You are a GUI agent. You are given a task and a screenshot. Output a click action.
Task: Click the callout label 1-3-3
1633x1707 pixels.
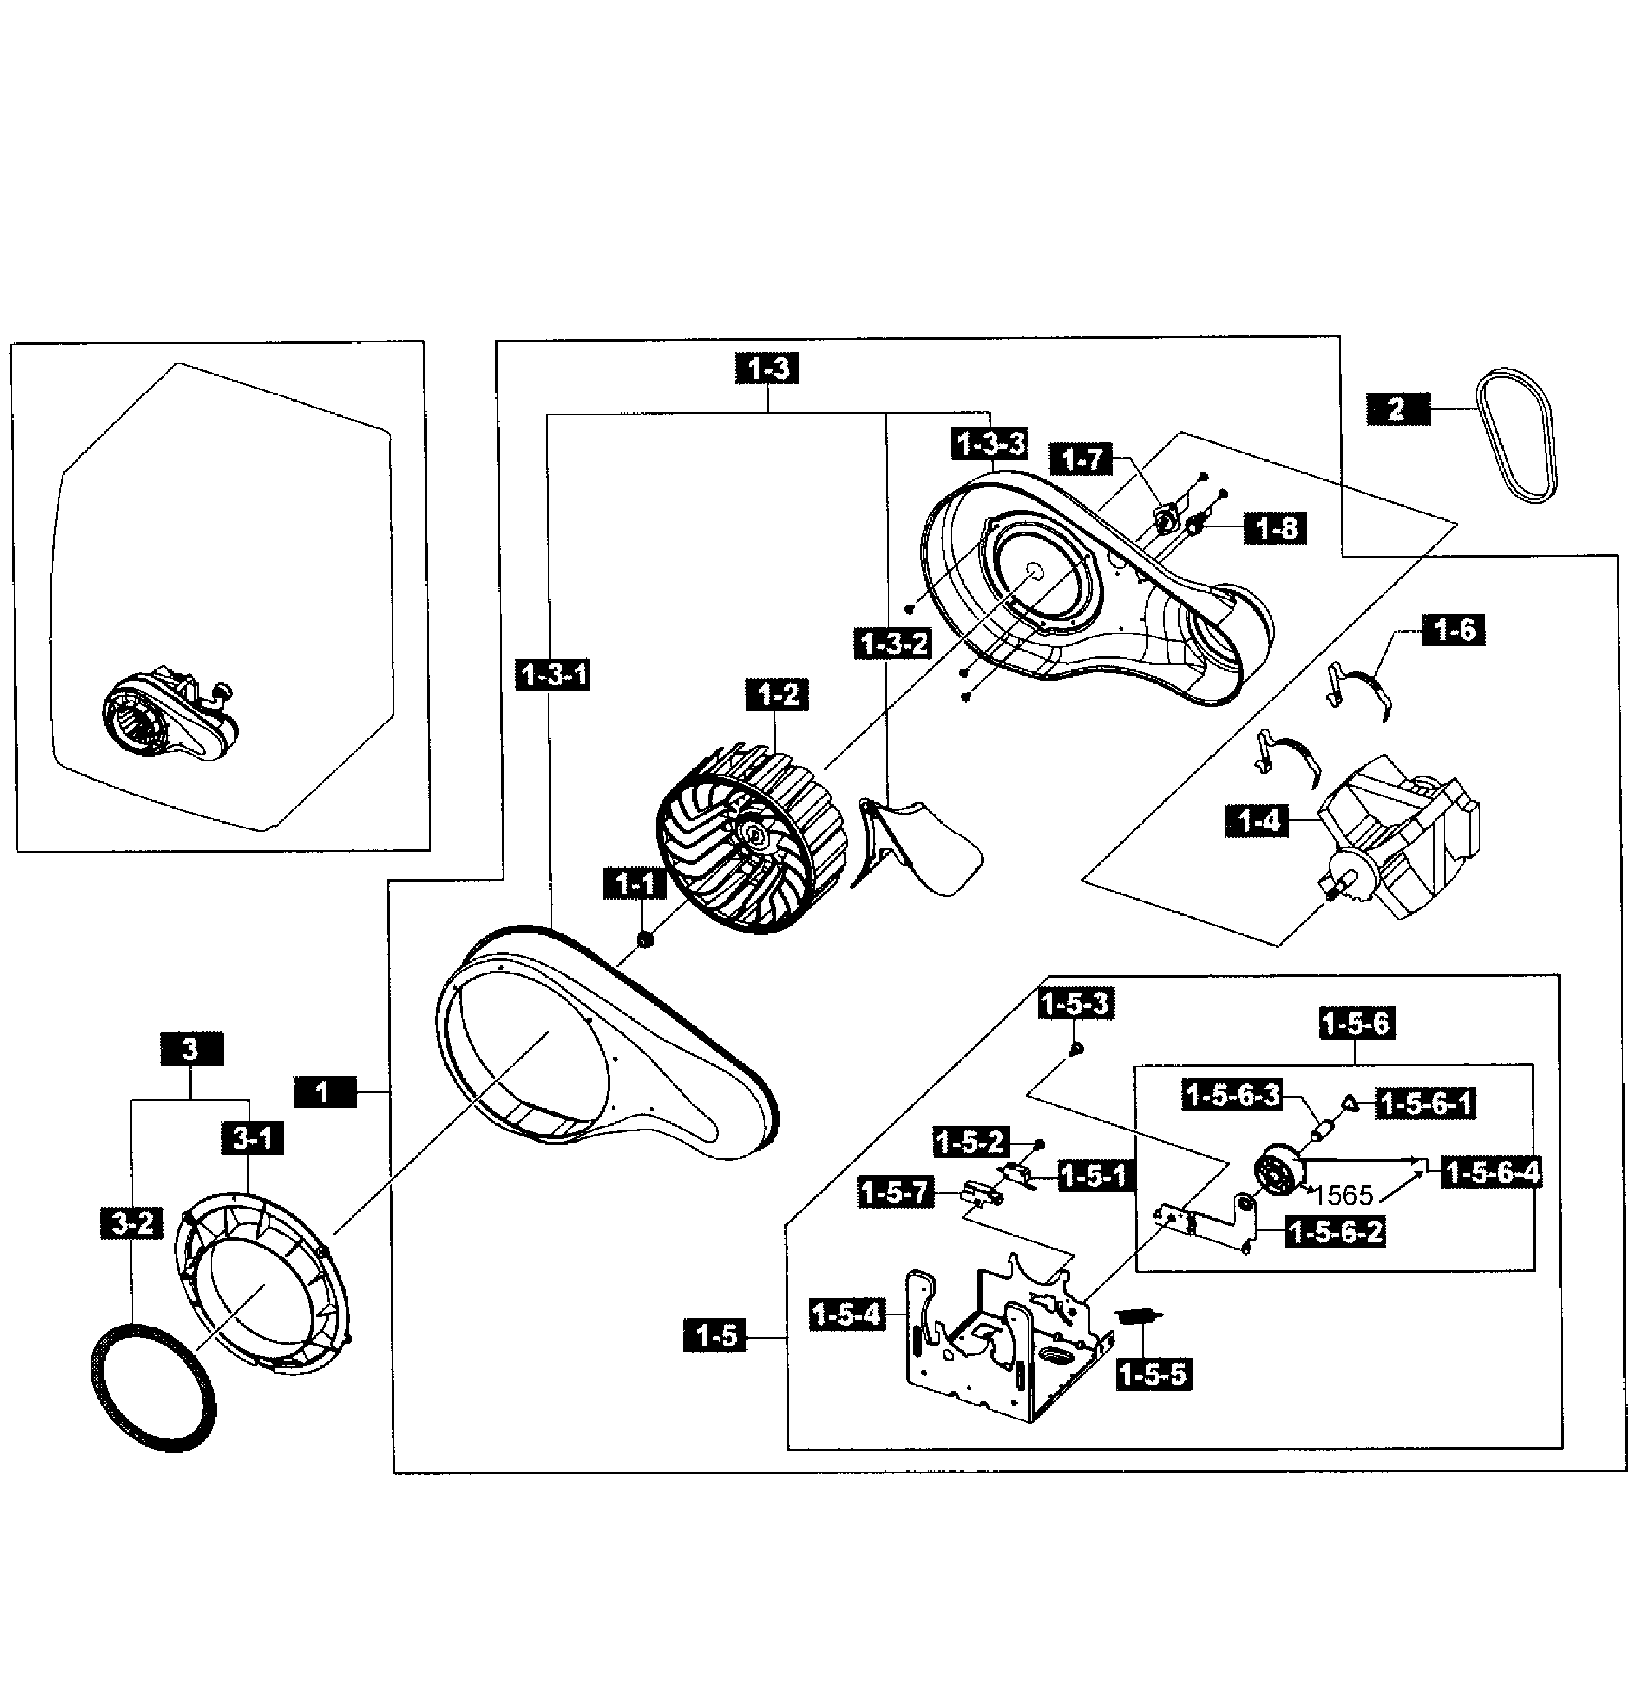pos(990,444)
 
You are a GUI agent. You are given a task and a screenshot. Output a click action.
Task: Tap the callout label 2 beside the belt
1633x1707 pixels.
pos(1397,408)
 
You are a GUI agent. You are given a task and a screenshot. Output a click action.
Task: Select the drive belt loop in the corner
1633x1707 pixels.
pos(1516,435)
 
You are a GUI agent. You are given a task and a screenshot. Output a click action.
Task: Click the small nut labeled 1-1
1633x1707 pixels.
pos(645,940)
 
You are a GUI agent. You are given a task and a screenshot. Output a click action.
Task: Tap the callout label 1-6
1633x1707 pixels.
pos(1453,629)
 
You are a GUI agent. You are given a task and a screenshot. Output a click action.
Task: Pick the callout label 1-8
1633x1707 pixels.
pos(1276,528)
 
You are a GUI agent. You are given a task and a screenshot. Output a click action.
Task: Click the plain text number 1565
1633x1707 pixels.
pos(1342,1195)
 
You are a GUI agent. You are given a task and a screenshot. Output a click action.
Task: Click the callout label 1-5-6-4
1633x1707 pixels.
pos(1492,1173)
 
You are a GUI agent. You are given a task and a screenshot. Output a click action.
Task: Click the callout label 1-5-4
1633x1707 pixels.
pos(846,1314)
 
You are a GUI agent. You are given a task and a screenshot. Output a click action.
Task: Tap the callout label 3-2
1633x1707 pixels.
pos(132,1223)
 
